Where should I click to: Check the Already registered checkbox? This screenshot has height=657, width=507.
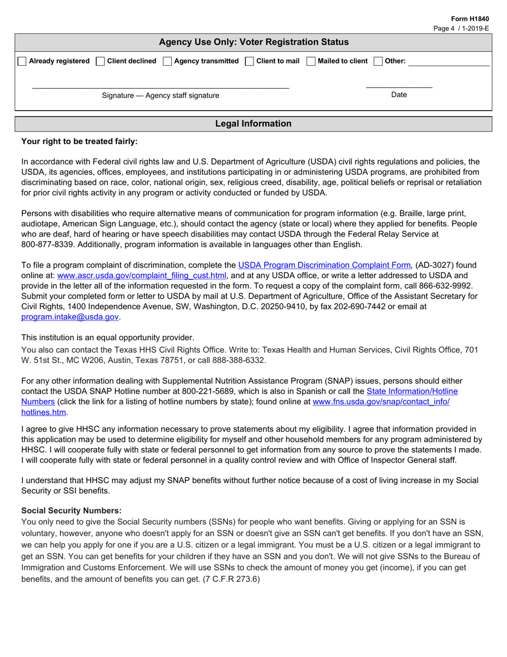coord(22,61)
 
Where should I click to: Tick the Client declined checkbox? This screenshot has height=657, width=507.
coord(100,61)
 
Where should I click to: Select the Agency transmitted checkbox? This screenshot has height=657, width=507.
coord(168,61)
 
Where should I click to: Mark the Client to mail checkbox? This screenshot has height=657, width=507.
coord(249,61)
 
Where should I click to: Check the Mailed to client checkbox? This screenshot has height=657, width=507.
coord(311,61)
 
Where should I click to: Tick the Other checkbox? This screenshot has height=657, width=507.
coord(378,61)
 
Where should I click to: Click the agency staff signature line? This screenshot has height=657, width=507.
coord(160,86)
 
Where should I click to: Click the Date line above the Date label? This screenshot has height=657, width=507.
coord(399,86)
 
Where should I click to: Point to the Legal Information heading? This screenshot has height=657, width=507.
coord(253,124)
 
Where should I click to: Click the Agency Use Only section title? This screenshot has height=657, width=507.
coord(253,42)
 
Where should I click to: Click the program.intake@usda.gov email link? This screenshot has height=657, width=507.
coord(70,317)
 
